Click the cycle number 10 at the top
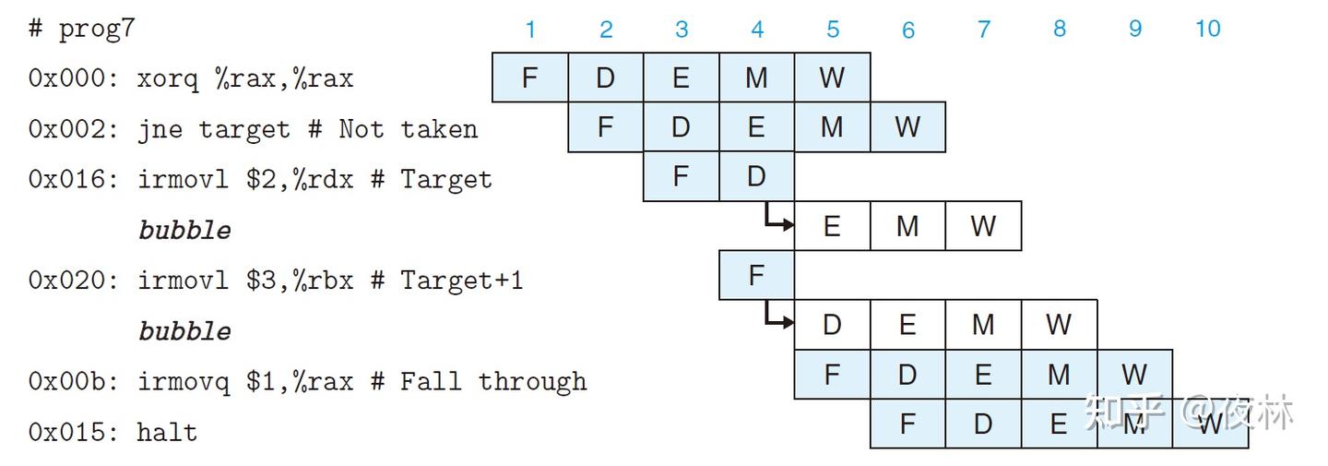click(1208, 29)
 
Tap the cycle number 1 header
click(530, 29)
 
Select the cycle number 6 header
click(908, 30)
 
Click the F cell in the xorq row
click(530, 78)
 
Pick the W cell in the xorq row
click(833, 78)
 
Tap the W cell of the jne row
click(907, 126)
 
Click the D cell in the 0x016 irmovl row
click(756, 176)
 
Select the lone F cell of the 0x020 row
click(756, 275)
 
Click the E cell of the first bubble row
click(833, 226)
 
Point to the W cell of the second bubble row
click(1059, 324)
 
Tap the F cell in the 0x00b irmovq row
click(833, 374)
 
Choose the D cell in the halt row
click(983, 424)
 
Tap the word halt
click(167, 432)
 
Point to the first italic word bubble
click(184, 230)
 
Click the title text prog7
click(97, 29)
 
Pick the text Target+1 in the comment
click(462, 281)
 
